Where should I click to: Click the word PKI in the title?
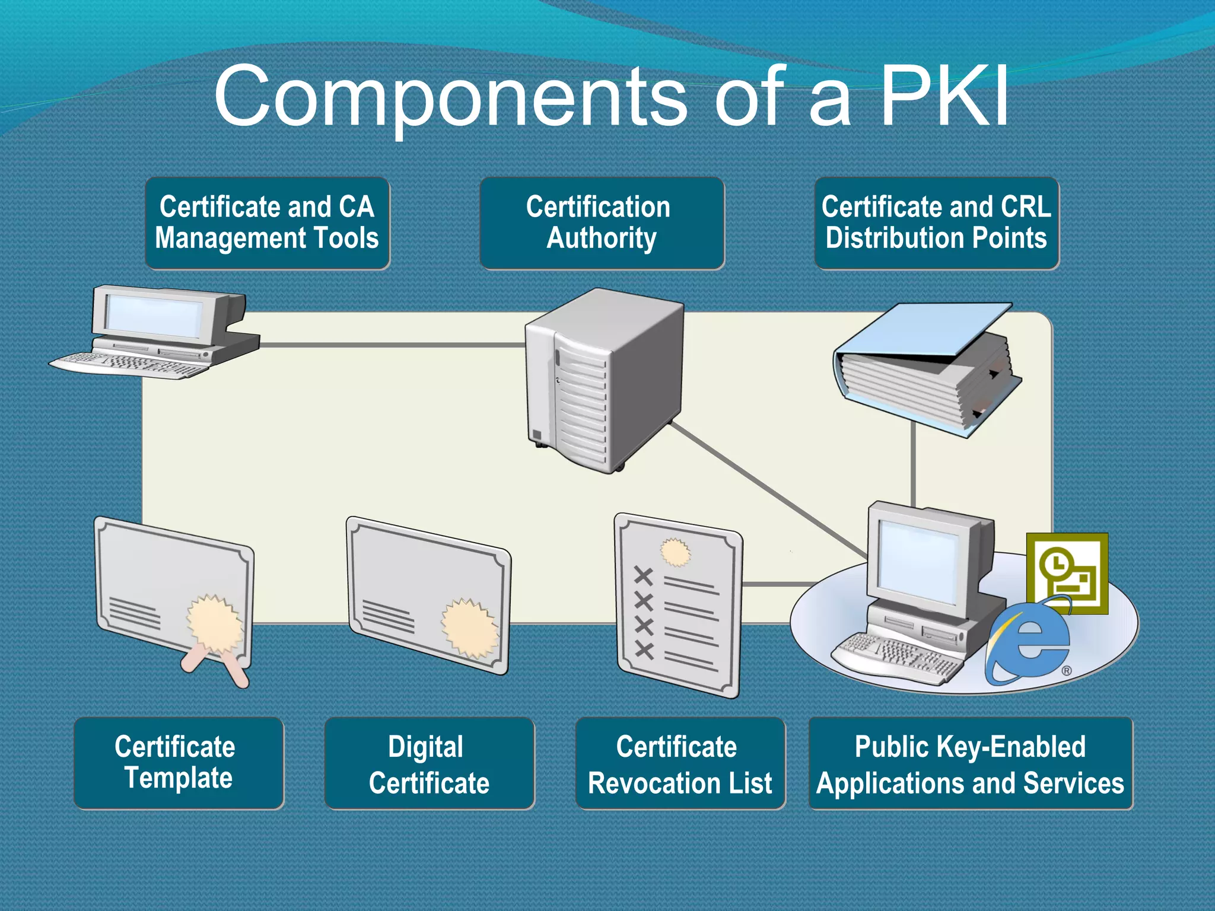pos(943,97)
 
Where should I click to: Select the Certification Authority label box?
pos(602,223)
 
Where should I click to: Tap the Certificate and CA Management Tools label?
pos(267,223)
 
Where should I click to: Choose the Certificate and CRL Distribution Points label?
pos(936,223)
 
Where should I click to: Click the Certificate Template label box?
pos(179,763)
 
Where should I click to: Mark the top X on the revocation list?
pos(644,575)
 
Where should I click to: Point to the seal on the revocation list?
pos(675,553)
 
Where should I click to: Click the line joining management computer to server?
pos(392,345)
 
